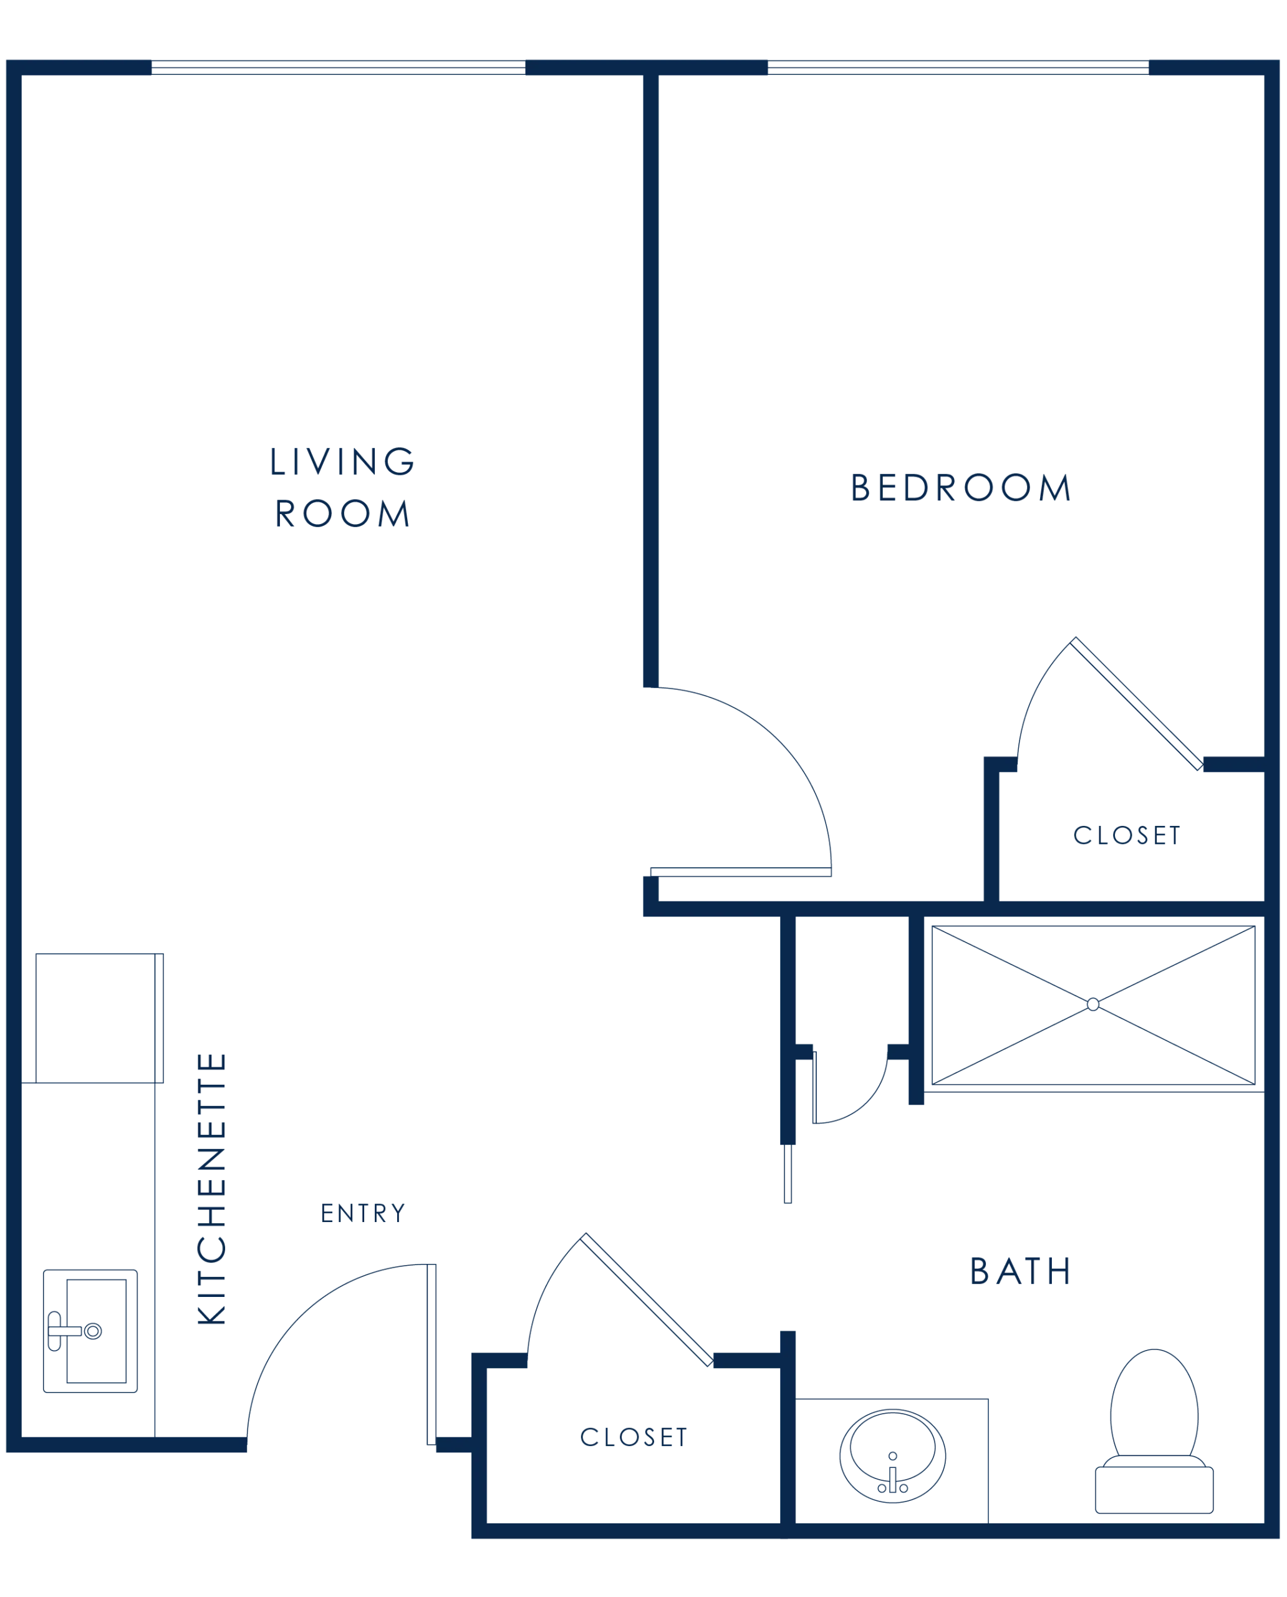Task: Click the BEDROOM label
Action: (x=961, y=487)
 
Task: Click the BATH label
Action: (x=1020, y=1271)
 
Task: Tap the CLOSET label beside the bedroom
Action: (x=1127, y=835)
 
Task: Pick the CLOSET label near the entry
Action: (x=634, y=1437)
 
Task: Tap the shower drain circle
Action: (x=1092, y=1004)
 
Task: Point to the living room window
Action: (x=338, y=67)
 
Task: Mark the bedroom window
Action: (x=958, y=67)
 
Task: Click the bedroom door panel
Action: (x=741, y=872)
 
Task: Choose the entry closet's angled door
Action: (x=647, y=1299)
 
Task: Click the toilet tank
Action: (x=1154, y=1490)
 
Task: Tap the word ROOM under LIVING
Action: (x=342, y=513)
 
